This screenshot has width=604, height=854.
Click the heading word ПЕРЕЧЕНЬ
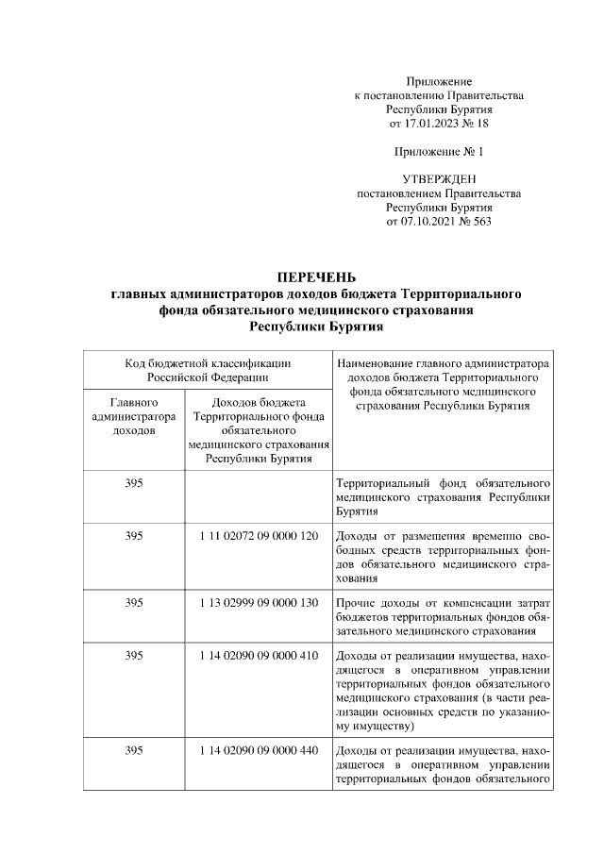(316, 277)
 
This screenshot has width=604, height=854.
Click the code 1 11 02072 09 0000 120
(260, 535)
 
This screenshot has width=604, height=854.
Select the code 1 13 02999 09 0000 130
(260, 602)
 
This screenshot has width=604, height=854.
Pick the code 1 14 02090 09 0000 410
(260, 656)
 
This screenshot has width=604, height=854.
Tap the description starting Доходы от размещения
(443, 557)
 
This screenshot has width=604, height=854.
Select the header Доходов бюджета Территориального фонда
(260, 429)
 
